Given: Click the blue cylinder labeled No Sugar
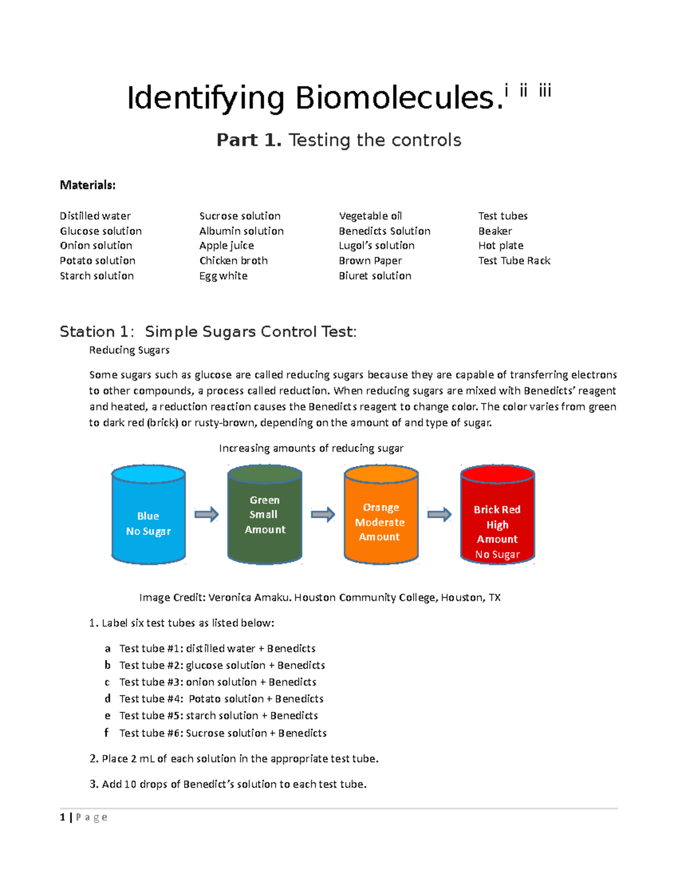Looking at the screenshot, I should pyautogui.click(x=149, y=514).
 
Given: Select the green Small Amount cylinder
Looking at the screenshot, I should pyautogui.click(x=264, y=514).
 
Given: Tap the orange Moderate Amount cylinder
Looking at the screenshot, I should pyautogui.click(x=381, y=514).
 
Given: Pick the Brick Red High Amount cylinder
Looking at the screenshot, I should pyautogui.click(x=497, y=514).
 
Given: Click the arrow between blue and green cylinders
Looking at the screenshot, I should pyautogui.click(x=206, y=514).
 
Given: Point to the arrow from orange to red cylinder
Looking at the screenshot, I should pyautogui.click(x=439, y=514).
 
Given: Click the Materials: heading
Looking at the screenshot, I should pyautogui.click(x=88, y=185).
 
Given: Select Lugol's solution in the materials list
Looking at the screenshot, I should pyautogui.click(x=376, y=245).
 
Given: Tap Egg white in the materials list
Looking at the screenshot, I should pyautogui.click(x=223, y=276).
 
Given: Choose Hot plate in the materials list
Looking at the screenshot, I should pyautogui.click(x=501, y=245).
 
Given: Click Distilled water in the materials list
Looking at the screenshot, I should pyautogui.click(x=95, y=216).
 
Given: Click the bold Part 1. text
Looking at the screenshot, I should pyautogui.click(x=249, y=140).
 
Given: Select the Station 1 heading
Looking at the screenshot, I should pyautogui.click(x=208, y=331).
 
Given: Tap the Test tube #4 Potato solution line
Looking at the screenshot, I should pyautogui.click(x=221, y=699).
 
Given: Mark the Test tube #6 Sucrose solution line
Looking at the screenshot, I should pyautogui.click(x=223, y=733).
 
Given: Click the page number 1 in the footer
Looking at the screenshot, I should pyautogui.click(x=62, y=817).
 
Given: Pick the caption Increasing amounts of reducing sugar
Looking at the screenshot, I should pyautogui.click(x=311, y=448).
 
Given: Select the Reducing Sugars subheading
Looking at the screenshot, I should pyautogui.click(x=129, y=350).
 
